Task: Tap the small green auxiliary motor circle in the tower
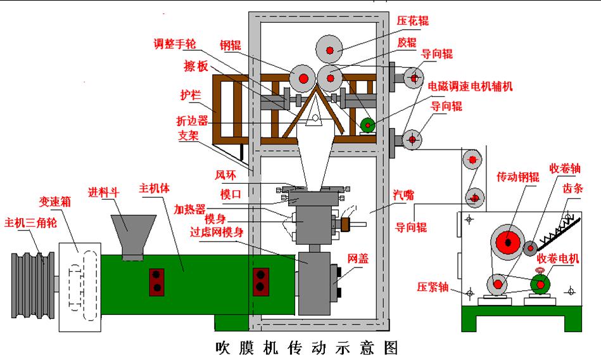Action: coord(366,125)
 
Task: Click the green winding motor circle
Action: coord(540,285)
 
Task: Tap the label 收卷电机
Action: coord(559,258)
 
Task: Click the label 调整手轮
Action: coord(175,44)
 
